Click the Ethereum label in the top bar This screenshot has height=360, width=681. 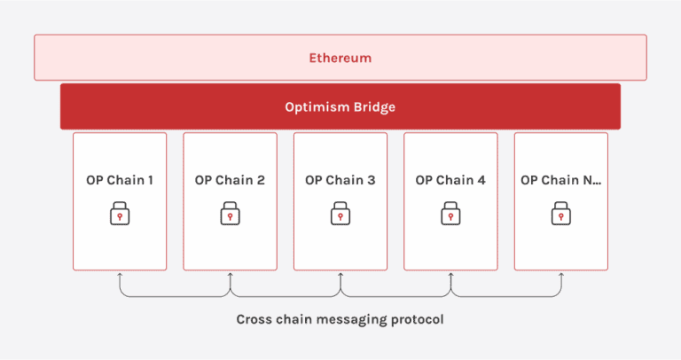(340, 58)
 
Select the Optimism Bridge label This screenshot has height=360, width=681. (340, 106)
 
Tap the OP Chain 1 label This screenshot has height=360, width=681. (120, 180)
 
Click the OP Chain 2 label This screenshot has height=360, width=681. (230, 180)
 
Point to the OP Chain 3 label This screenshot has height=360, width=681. (340, 180)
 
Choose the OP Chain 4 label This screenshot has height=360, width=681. (450, 180)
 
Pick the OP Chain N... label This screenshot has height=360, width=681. (560, 180)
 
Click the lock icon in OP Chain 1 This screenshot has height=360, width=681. (120, 214)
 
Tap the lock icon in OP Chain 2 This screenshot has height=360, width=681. (230, 214)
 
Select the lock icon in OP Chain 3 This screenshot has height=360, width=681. (340, 214)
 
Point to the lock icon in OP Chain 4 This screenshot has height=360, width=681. (450, 214)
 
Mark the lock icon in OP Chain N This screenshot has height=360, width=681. (560, 214)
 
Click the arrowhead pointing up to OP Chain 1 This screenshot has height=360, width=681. (120, 276)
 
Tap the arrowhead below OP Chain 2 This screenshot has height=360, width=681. (230, 276)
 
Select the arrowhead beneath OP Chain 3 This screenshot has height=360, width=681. (340, 276)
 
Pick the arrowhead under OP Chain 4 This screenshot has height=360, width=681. (450, 276)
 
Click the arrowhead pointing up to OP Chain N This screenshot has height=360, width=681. (560, 276)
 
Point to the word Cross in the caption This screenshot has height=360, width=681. (254, 319)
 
